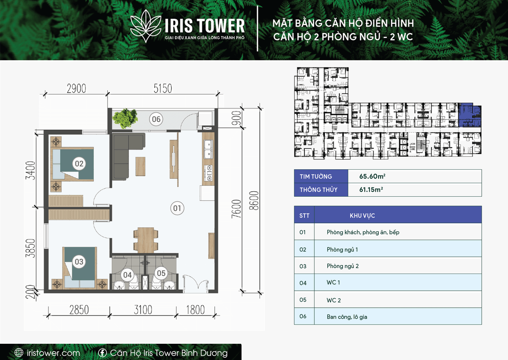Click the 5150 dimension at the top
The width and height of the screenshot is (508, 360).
163,88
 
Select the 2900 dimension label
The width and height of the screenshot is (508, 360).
76,88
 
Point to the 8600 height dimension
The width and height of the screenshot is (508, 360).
254,201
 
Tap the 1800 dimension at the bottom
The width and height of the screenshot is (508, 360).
196,310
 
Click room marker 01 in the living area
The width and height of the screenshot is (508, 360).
177,208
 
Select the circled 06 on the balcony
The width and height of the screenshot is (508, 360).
156,119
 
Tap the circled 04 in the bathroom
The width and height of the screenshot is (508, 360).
127,275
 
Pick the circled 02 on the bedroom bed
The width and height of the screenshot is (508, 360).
79,163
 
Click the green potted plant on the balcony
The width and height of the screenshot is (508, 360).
125,118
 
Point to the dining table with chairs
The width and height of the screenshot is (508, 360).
146,240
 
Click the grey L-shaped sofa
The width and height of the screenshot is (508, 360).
126,153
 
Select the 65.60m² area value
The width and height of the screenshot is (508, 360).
372,176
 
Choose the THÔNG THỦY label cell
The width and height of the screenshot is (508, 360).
321,190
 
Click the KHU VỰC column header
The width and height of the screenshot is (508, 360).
362,216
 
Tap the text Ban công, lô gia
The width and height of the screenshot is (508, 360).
347,317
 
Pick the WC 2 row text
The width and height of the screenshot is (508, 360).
334,300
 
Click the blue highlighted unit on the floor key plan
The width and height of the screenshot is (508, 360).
469,116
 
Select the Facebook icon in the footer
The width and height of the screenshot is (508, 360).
102,352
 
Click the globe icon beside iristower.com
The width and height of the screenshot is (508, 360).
19,352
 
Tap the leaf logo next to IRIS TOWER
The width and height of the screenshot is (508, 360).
146,26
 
